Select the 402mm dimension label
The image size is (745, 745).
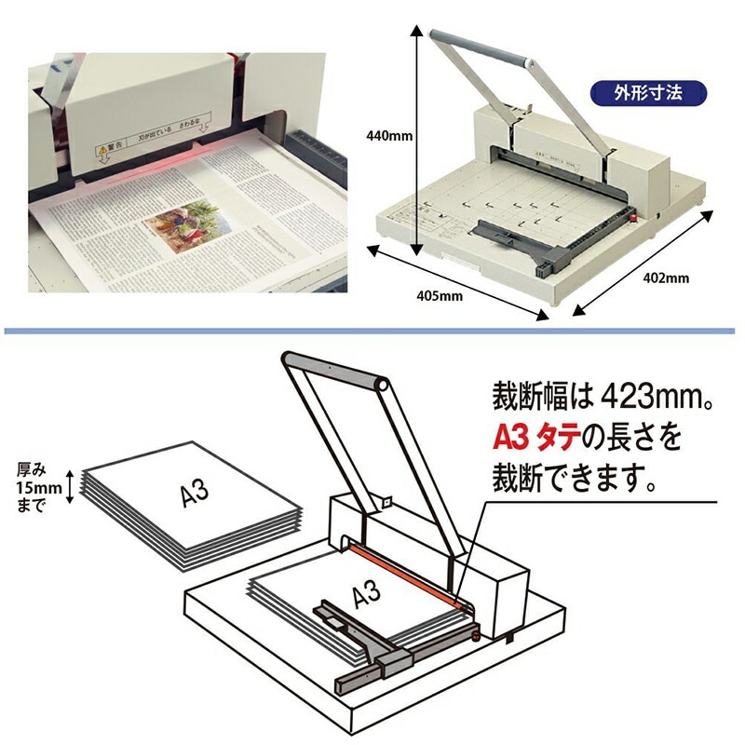pos(667,278)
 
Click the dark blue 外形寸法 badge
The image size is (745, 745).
pos(649,93)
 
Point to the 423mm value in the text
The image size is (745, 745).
pos(650,399)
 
